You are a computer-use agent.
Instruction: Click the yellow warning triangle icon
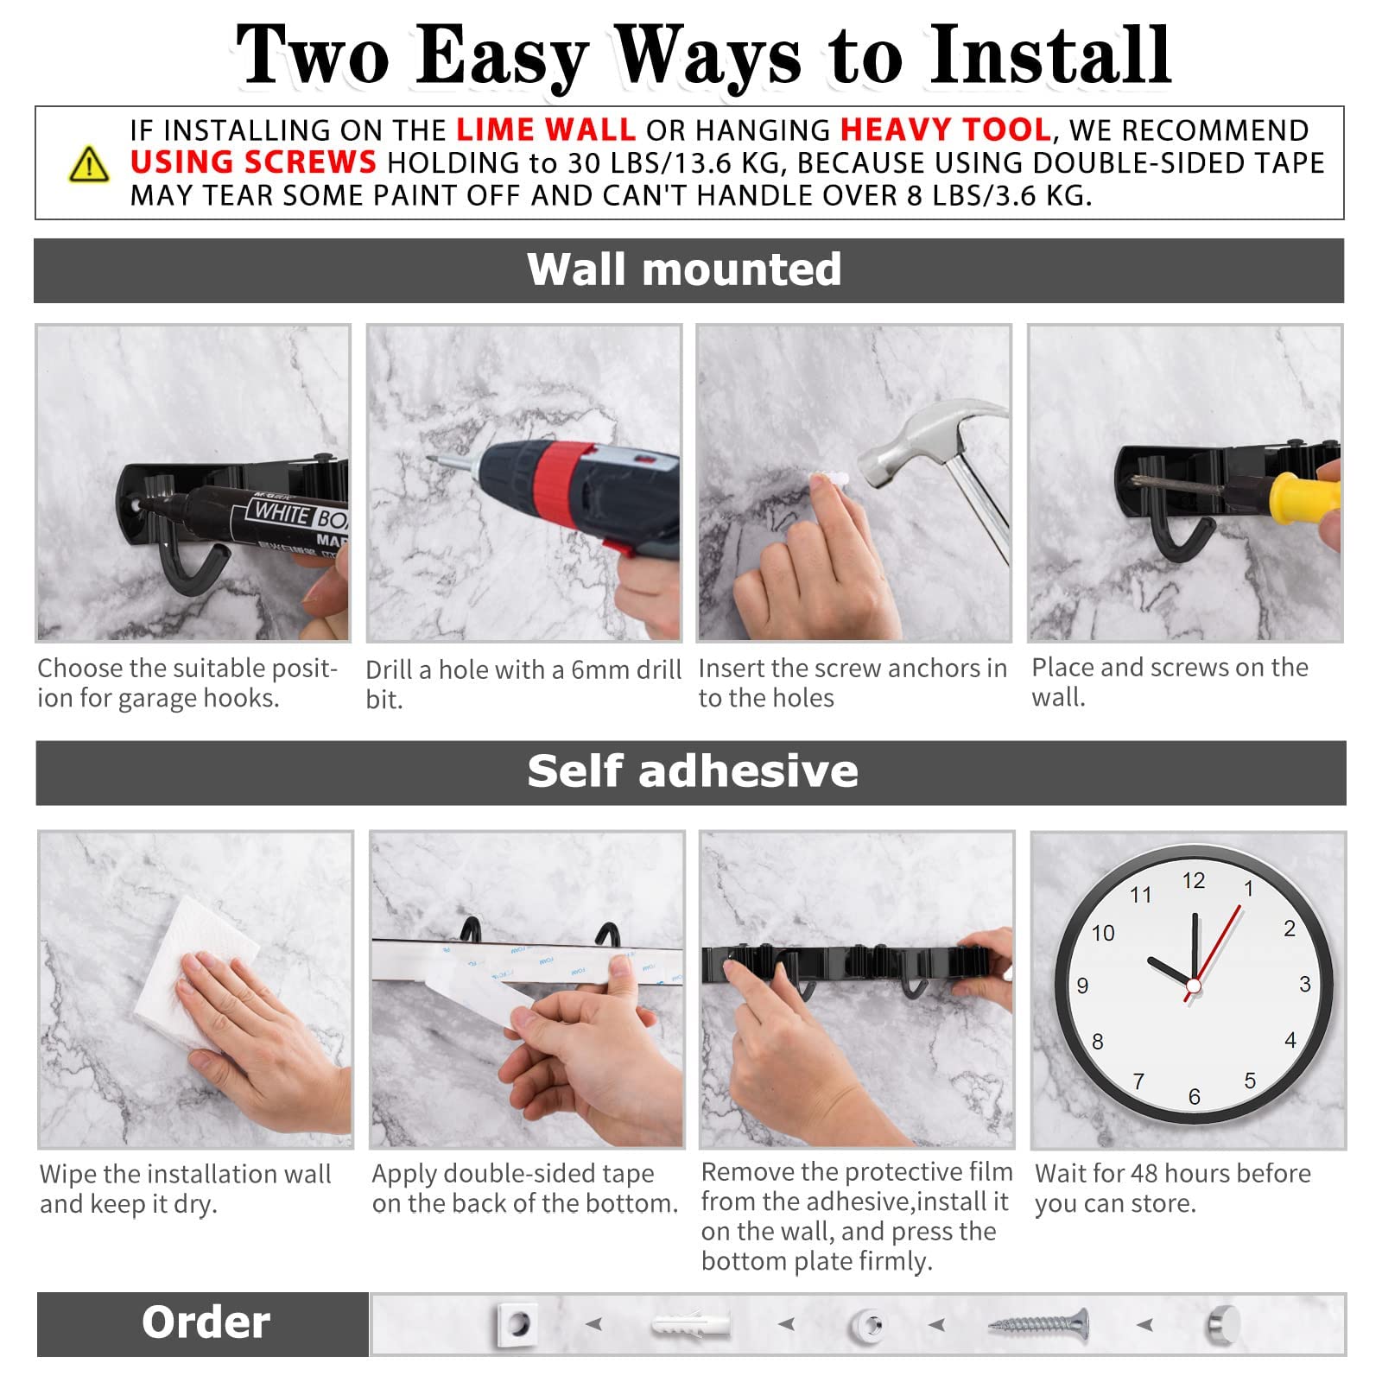[x=89, y=164]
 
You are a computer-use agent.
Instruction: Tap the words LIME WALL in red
[x=546, y=130]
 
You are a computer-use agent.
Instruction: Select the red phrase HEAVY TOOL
[x=946, y=130]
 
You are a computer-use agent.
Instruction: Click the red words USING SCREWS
[x=253, y=162]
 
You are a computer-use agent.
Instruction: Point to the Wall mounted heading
[x=684, y=269]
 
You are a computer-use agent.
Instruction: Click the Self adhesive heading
[x=693, y=770]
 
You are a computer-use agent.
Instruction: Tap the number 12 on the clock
[x=1193, y=881]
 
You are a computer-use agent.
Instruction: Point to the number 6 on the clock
[x=1194, y=1096]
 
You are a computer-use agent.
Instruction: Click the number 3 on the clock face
[x=1304, y=985]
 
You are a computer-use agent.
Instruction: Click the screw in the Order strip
[x=1038, y=1324]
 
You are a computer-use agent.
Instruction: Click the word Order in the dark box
[x=206, y=1322]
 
